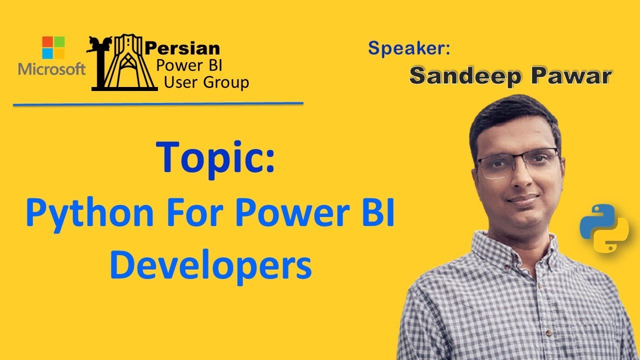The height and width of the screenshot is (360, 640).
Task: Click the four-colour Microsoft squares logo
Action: tap(53, 48)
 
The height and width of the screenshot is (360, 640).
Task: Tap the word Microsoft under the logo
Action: tap(52, 69)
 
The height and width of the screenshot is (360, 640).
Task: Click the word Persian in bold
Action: tap(182, 48)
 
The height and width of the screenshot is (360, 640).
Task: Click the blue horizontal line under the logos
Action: tap(158, 104)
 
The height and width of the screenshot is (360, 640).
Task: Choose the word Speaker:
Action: tap(409, 48)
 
